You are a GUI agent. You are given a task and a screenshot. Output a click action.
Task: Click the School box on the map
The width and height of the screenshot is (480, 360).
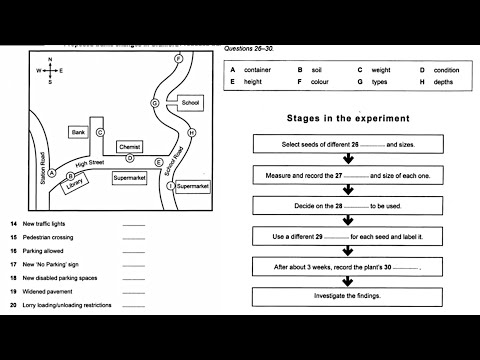click(190, 103)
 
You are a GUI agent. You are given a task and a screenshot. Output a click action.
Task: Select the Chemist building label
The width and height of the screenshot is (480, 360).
click(129, 147)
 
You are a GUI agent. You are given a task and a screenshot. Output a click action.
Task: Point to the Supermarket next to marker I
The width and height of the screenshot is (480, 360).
click(192, 186)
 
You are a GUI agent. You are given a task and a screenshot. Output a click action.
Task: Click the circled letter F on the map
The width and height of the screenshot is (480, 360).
click(177, 59)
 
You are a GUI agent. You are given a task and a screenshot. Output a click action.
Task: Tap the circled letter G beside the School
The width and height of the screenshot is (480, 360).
click(155, 103)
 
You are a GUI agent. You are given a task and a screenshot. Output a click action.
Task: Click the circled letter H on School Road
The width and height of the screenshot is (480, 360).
click(190, 132)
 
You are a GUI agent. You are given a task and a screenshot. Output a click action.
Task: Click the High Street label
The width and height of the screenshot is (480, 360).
click(90, 162)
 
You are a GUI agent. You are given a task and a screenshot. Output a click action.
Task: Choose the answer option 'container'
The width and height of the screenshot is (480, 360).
click(258, 70)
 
